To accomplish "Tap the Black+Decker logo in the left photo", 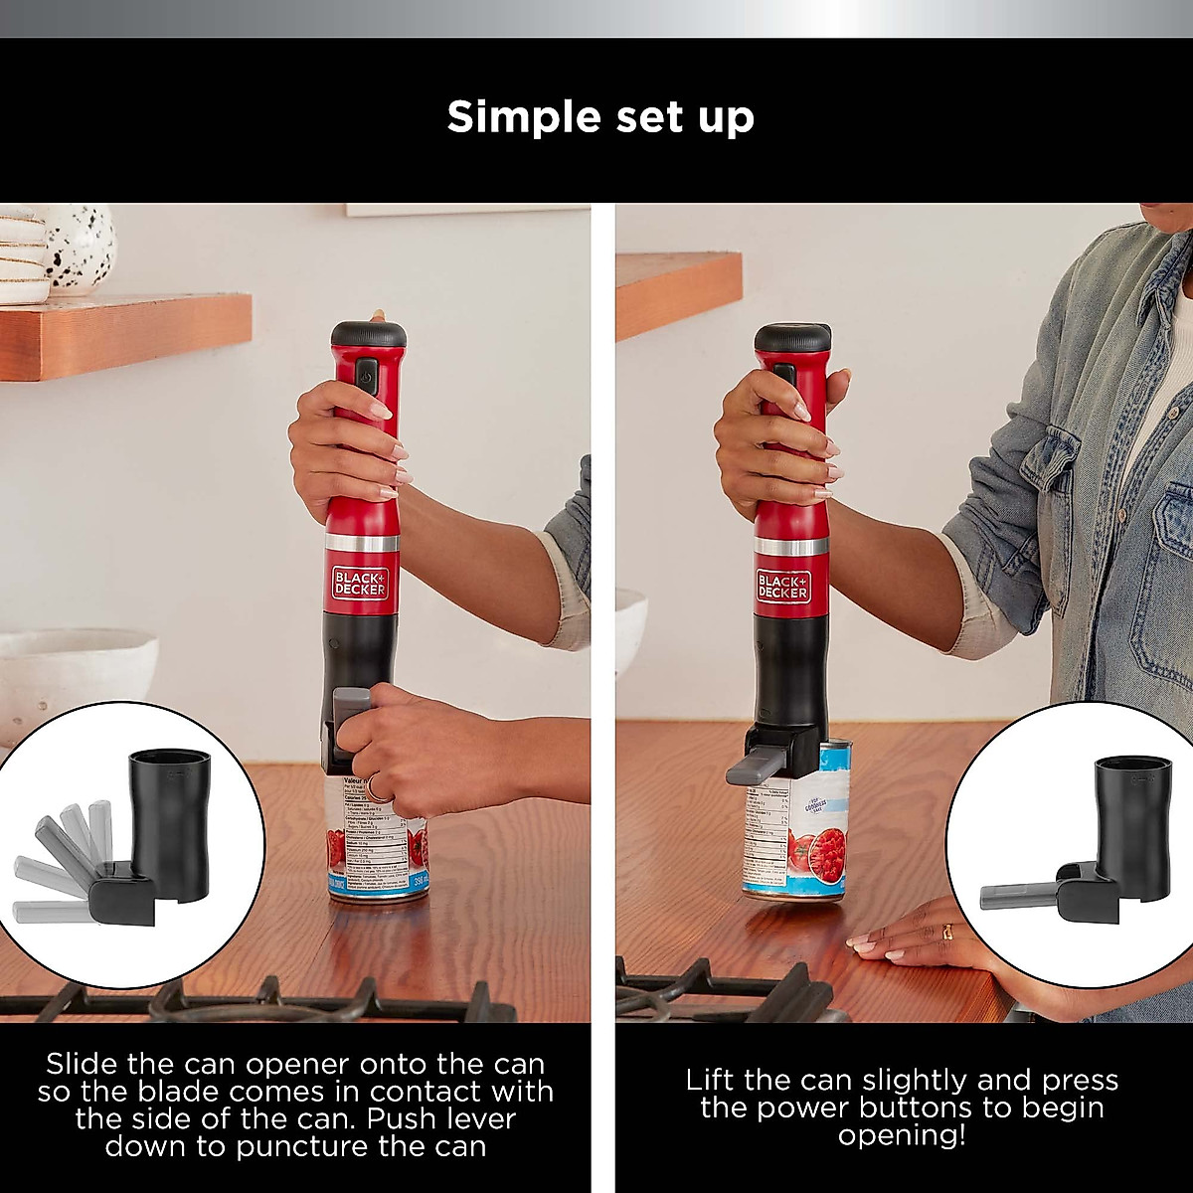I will (x=359, y=583).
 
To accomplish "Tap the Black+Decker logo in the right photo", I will (x=783, y=585).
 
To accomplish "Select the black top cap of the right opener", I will (x=792, y=337).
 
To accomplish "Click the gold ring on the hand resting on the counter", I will (x=946, y=932).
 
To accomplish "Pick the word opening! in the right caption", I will (x=902, y=1135).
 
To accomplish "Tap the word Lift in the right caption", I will (x=713, y=1080).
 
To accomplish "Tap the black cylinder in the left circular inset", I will (x=170, y=820).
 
